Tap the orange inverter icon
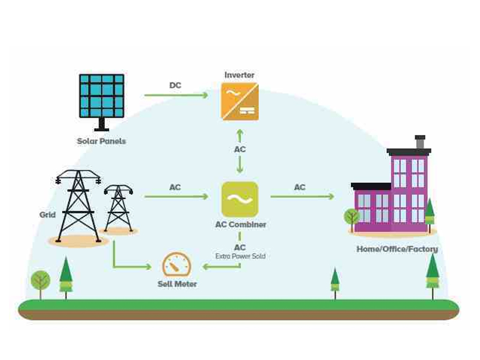tap(239, 101)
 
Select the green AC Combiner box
tap(240, 199)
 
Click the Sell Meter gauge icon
tap(176, 265)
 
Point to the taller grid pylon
tap(79, 206)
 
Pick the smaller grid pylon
tap(118, 208)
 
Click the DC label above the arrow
tap(175, 85)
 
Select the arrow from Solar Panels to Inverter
tap(176, 95)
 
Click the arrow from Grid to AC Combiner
tap(176, 196)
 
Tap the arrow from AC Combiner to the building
tap(302, 196)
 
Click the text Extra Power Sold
tap(241, 256)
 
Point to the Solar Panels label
tap(101, 141)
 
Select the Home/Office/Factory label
tap(397, 249)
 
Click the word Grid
tap(47, 215)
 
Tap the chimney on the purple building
tap(420, 142)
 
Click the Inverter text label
tap(239, 75)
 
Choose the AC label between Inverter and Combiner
tap(239, 149)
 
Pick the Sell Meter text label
tap(177, 284)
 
